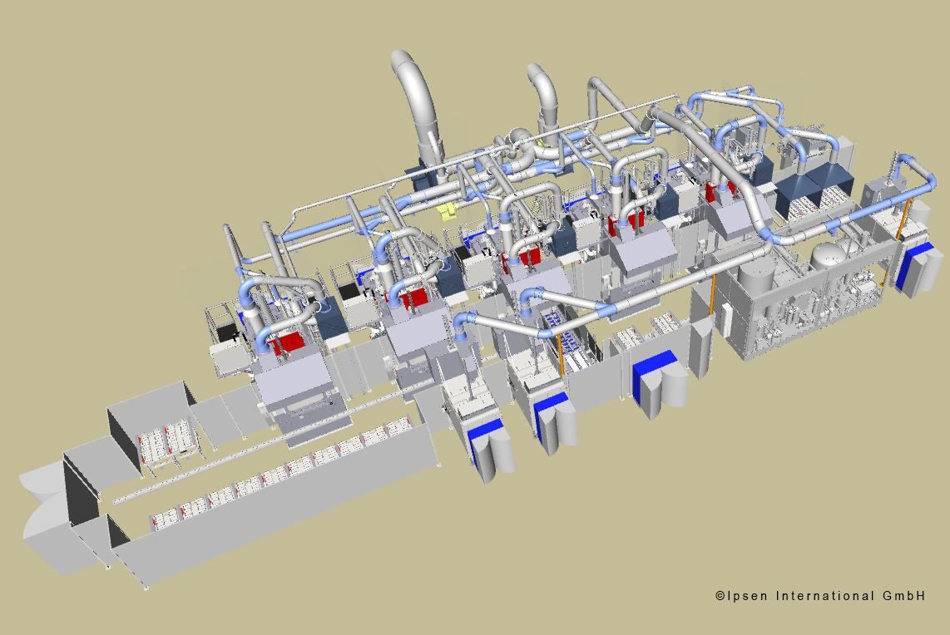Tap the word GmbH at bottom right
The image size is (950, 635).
coord(903,596)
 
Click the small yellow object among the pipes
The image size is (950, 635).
coord(447,209)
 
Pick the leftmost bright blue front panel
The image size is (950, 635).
coord(485,436)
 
